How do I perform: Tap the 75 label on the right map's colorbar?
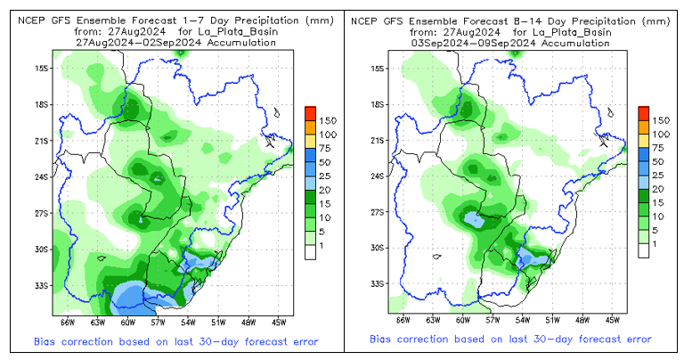661,148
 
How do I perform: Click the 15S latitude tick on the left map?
41,67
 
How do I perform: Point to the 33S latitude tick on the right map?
376,284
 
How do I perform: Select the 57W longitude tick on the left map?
159,320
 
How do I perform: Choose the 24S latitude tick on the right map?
376,176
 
